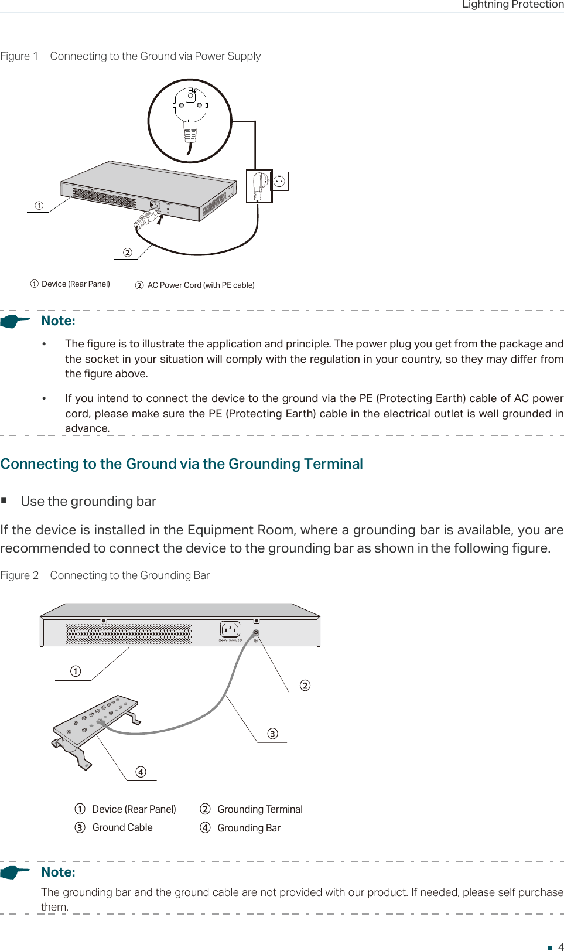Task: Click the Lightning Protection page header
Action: click(512, 5)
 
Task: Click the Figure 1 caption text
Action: click(130, 56)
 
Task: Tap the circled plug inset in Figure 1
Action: click(189, 121)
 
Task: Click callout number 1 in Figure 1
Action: click(39, 206)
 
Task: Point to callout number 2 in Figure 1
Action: click(127, 253)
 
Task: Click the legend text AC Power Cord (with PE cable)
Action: click(200, 285)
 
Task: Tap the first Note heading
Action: click(58, 321)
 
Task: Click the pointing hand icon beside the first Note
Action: click(15, 321)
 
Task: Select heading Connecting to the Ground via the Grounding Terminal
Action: click(182, 464)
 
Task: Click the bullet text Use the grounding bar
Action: click(88, 502)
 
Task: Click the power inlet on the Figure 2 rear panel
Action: click(230, 629)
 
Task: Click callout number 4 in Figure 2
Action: click(141, 772)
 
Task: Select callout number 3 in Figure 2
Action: click(272, 734)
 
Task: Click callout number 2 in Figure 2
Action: click(305, 686)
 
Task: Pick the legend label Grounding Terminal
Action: click(259, 809)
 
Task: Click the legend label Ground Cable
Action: click(122, 827)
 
